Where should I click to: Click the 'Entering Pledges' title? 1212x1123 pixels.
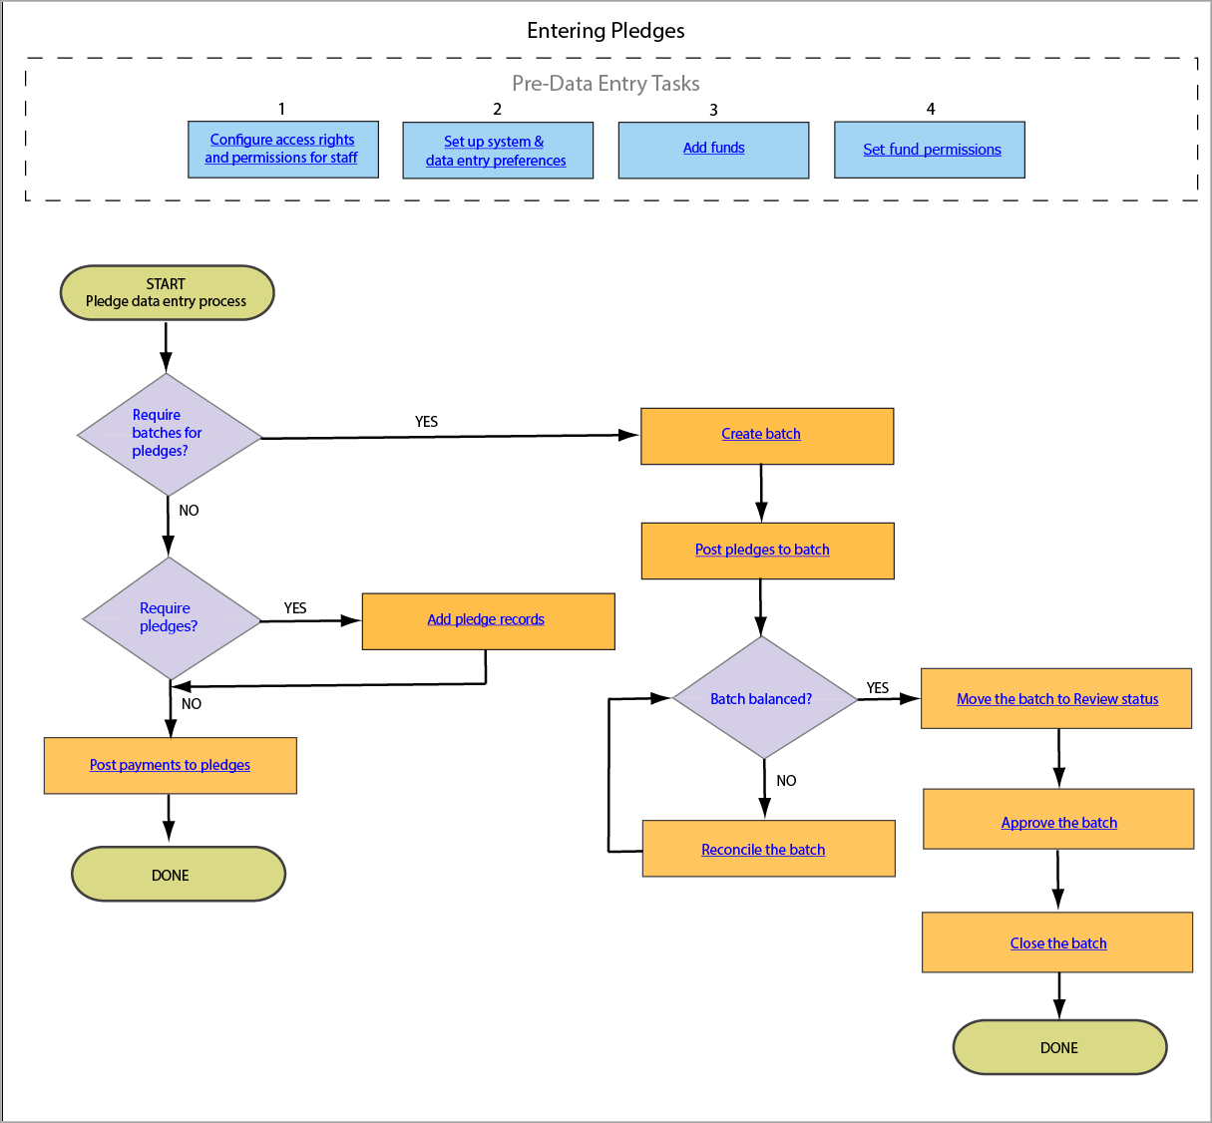606,31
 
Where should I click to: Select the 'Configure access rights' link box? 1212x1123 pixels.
282,149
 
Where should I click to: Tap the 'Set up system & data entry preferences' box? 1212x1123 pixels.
497,151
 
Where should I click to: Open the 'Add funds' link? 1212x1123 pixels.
713,148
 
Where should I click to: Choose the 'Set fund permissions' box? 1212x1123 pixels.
931,150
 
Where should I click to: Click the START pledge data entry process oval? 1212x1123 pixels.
167,292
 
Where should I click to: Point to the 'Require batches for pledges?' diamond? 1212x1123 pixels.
168,434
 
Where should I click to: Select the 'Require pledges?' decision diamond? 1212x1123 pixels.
170,617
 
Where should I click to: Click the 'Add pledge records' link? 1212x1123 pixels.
486,619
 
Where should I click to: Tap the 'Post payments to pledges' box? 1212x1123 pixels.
170,765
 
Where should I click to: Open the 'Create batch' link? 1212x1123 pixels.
761,434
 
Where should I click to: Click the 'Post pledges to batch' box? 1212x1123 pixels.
763,550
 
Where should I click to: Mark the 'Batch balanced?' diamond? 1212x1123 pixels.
762,698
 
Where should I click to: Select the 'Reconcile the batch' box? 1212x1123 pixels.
764,850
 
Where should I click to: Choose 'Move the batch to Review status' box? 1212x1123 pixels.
1056,699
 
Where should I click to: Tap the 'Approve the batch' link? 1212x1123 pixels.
1058,823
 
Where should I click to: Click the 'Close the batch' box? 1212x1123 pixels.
1057,943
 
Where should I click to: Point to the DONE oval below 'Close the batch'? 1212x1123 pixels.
1059,1047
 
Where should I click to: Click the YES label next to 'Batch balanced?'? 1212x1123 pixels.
878,688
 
